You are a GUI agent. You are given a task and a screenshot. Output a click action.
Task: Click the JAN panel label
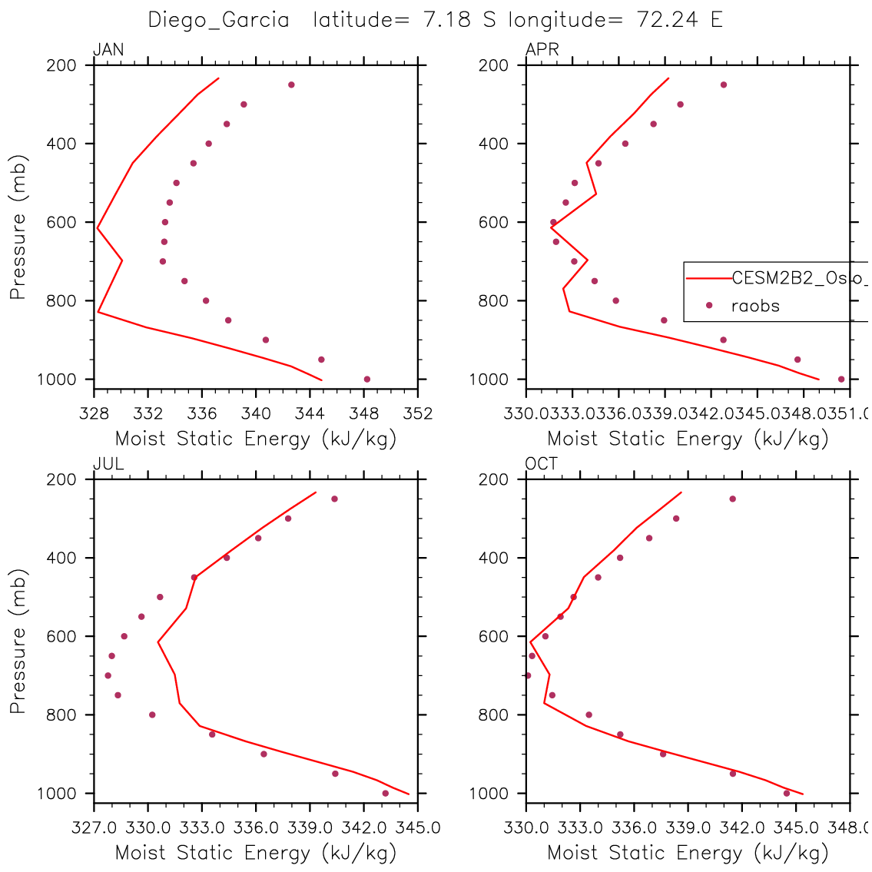108,51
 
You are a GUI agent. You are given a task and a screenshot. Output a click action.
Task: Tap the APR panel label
542,51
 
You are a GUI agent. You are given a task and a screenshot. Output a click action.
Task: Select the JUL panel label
108,464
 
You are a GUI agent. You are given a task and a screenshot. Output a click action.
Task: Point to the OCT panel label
542,464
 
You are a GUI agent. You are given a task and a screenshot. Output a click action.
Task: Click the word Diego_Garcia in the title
219,20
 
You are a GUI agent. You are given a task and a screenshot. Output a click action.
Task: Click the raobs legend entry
754,306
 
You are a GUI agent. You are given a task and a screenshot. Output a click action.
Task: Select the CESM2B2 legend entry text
799,278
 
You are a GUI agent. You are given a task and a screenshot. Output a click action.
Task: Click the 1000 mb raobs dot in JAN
366,379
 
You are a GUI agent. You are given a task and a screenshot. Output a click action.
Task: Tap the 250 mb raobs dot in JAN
291,85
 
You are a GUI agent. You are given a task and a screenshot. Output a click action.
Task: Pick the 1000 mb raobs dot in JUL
385,793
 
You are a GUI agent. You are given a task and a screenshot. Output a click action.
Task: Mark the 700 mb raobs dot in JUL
108,675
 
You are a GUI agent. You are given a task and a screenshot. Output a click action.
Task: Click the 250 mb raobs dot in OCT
732,499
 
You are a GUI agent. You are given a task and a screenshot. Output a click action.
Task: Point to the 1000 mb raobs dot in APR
841,379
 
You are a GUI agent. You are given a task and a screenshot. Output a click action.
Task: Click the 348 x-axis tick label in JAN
365,414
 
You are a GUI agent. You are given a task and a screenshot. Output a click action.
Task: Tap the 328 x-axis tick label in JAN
94,414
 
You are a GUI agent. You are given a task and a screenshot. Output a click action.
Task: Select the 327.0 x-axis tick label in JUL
94,828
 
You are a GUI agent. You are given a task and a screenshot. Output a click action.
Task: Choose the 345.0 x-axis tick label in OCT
795,828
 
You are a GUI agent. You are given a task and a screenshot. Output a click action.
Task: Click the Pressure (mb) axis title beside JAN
18,227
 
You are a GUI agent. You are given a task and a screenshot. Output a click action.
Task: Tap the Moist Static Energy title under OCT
688,853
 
